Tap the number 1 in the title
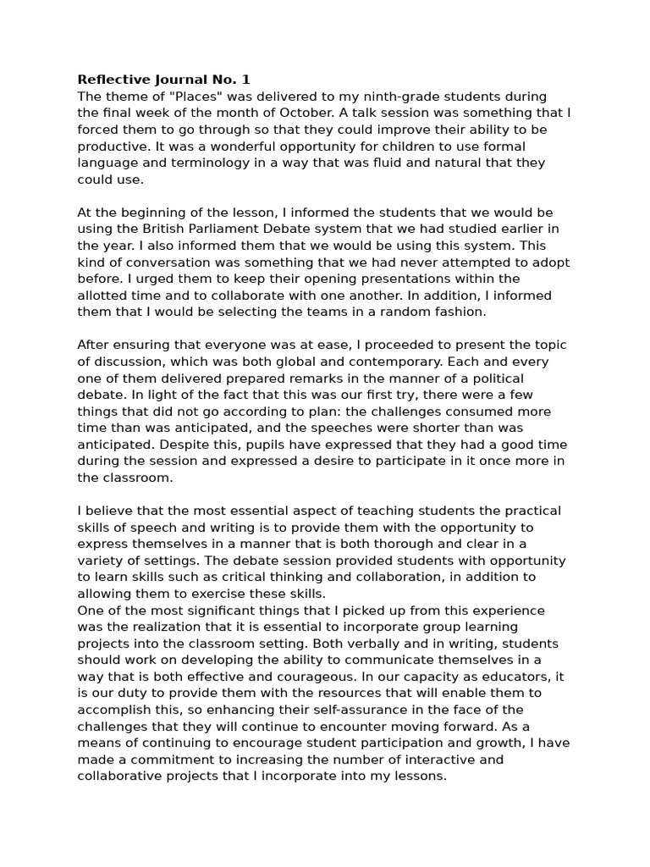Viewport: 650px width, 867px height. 246,80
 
